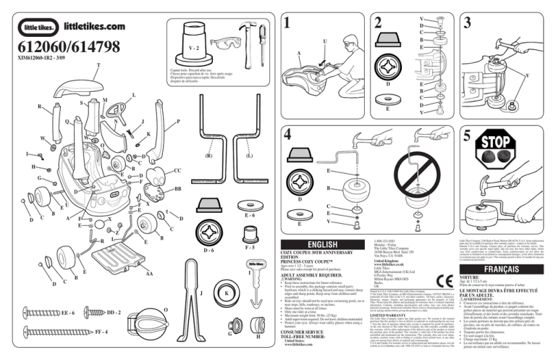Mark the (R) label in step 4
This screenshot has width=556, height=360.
click(208, 155)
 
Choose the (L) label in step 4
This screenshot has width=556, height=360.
click(249, 155)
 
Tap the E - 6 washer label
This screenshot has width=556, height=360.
click(250, 215)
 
